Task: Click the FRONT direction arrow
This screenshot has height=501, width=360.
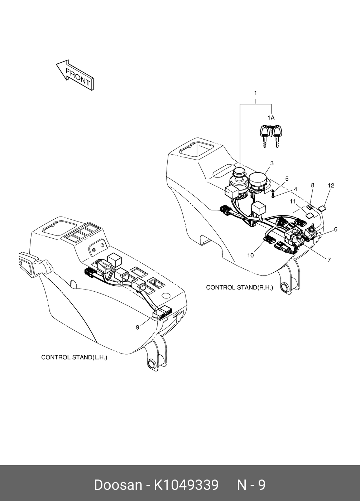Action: pyautogui.click(x=75, y=75)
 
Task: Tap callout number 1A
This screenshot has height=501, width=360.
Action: pyautogui.click(x=271, y=117)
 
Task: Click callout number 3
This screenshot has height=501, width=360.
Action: pyautogui.click(x=272, y=163)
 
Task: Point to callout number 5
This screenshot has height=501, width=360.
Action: pyautogui.click(x=287, y=179)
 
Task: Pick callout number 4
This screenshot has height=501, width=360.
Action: pyautogui.click(x=295, y=189)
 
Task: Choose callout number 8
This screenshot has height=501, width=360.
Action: pyautogui.click(x=312, y=185)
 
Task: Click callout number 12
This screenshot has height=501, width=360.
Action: pyautogui.click(x=331, y=185)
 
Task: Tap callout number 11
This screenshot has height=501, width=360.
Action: pyautogui.click(x=293, y=201)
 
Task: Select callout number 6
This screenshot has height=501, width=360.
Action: pyautogui.click(x=336, y=229)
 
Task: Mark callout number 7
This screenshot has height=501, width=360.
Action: pyautogui.click(x=329, y=260)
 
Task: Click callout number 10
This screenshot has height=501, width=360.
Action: pyautogui.click(x=250, y=255)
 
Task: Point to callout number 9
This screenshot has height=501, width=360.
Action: pyautogui.click(x=137, y=327)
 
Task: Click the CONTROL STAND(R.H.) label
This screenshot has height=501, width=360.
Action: pyautogui.click(x=239, y=287)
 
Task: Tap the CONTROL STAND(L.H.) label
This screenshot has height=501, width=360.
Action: pyautogui.click(x=74, y=357)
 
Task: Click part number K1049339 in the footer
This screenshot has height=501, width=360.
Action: pyautogui.click(x=186, y=485)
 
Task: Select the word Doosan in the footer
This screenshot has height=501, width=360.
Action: pyautogui.click(x=118, y=485)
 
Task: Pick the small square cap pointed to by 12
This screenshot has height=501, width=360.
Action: pyautogui.click(x=322, y=208)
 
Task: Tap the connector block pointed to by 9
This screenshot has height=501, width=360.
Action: pyautogui.click(x=162, y=313)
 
